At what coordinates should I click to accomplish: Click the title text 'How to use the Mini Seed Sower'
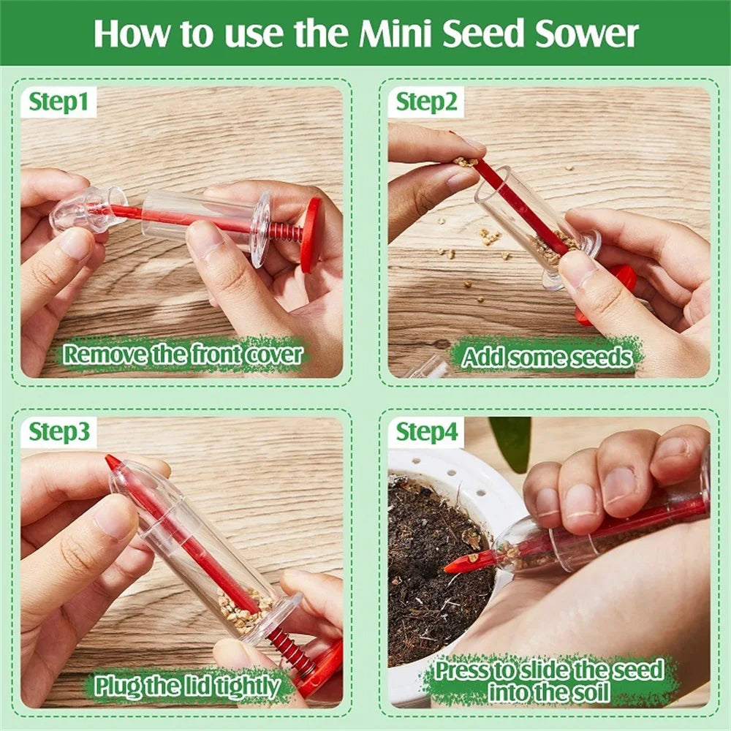(365, 33)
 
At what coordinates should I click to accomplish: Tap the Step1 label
(62, 103)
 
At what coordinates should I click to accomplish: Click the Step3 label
(60, 433)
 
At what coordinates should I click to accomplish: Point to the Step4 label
(427, 433)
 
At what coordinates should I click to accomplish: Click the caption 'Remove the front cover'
(183, 355)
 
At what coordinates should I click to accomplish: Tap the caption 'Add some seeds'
(547, 357)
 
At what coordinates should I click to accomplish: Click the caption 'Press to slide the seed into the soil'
(548, 680)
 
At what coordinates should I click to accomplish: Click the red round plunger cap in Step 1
(311, 234)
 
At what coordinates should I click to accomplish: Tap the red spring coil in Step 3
(289, 647)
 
